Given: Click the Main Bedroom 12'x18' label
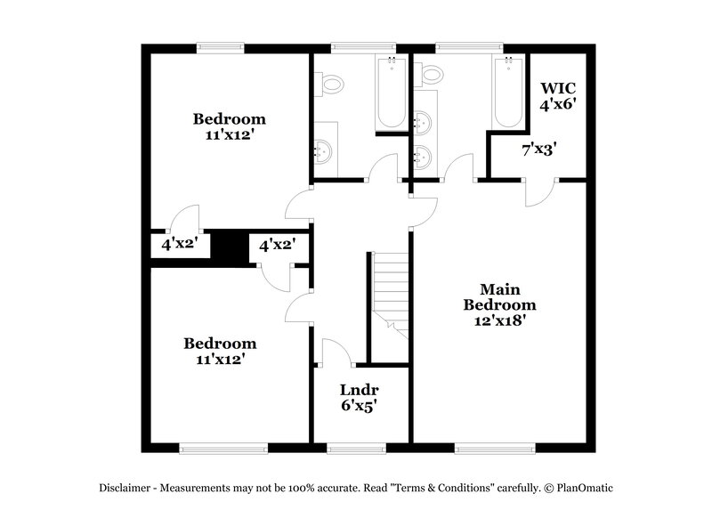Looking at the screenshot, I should click(x=499, y=305).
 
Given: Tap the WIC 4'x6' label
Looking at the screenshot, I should click(x=558, y=95).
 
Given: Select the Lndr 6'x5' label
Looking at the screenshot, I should click(x=360, y=397).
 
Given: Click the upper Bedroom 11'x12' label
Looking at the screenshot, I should click(x=230, y=126).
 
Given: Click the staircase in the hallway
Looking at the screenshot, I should click(x=389, y=294).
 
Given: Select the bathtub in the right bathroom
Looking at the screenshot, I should click(x=507, y=93).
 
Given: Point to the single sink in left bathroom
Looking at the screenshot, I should click(x=323, y=153).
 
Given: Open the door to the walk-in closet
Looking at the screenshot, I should click(x=540, y=190).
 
